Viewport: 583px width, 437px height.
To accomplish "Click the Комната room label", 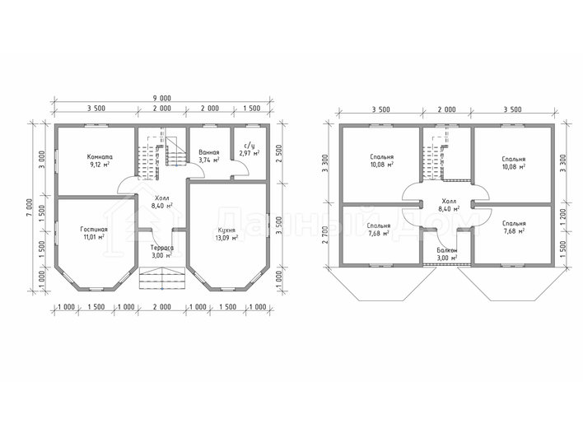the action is [100, 157].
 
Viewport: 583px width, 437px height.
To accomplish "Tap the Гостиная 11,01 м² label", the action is [94, 233].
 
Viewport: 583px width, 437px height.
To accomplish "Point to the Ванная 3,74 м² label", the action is [208, 156].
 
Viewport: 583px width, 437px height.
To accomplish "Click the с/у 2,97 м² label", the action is [250, 149].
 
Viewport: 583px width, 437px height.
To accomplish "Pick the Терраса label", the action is [161, 248].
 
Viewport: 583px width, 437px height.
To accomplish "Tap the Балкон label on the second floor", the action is [447, 250].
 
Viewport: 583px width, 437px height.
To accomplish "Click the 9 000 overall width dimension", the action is [161, 98].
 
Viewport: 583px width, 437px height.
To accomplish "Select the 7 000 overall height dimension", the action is [30, 209].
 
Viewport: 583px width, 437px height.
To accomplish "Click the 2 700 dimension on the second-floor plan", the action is [326, 235].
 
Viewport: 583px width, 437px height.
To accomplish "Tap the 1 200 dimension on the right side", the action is [562, 216].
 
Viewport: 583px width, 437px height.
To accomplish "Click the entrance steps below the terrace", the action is [162, 277].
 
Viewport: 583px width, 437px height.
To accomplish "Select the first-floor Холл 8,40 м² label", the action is [161, 202].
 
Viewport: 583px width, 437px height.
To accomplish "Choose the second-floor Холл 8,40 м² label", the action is [449, 205].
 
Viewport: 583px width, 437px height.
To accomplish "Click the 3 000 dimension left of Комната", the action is [42, 160].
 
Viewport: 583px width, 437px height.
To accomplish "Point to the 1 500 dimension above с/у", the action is [252, 108].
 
